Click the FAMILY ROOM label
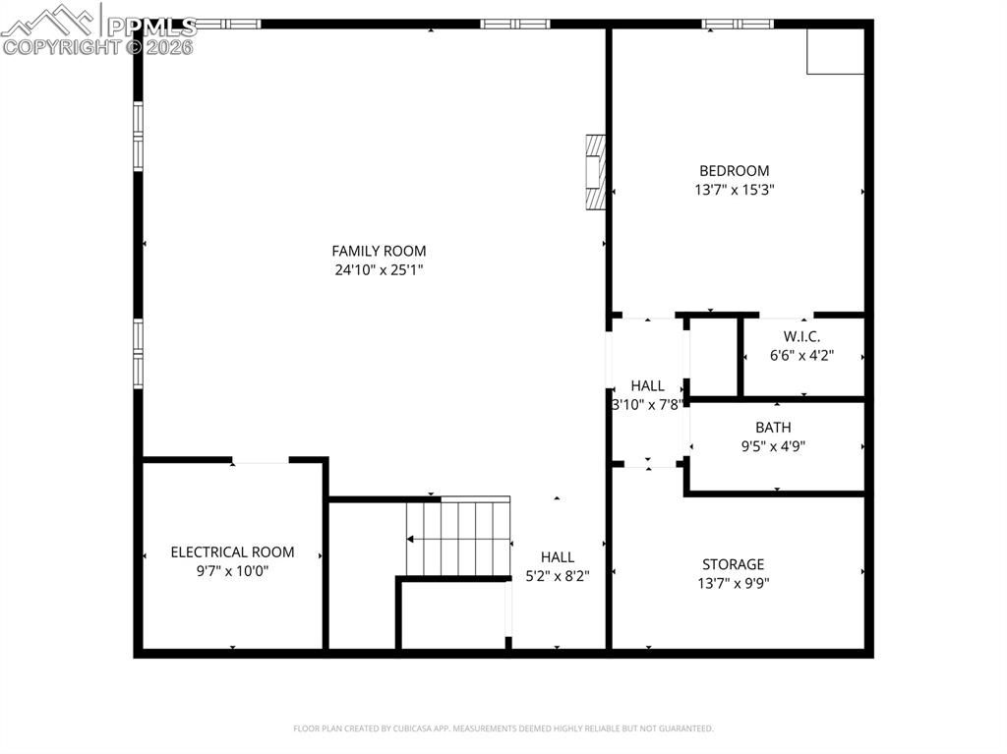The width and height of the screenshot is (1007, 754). (379, 252)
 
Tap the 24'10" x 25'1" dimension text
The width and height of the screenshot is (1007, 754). (379, 269)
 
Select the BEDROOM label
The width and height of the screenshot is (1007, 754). (734, 171)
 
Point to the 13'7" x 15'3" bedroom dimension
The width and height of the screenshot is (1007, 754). (734, 190)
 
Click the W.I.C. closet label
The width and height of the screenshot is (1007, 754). (801, 336)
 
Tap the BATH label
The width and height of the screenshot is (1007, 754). (773, 428)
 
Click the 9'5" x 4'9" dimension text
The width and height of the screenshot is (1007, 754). (773, 445)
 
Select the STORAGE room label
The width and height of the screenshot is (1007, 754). (733, 564)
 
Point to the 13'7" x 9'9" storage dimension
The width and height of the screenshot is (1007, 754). (733, 582)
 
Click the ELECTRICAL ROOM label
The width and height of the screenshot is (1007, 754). (232, 552)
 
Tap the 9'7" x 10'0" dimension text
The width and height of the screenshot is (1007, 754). (232, 570)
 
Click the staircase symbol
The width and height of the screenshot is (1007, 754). (459, 537)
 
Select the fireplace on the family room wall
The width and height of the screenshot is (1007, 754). (594, 173)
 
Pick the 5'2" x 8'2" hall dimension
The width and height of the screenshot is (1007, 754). (557, 575)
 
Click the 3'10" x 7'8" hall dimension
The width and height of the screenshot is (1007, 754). (647, 404)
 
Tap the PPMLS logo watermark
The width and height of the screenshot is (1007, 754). (98, 29)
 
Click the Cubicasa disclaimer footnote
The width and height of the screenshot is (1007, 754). (503, 728)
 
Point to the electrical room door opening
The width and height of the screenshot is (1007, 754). (261, 461)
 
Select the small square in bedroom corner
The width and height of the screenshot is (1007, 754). (835, 50)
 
